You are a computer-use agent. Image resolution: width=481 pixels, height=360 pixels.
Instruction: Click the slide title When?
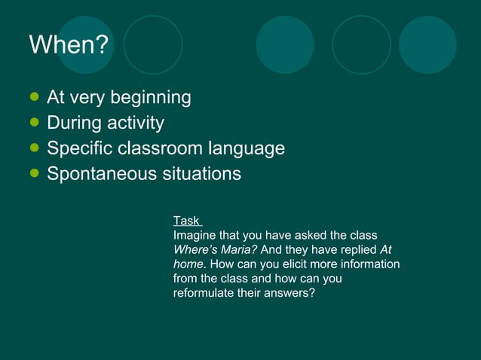[x=69, y=45]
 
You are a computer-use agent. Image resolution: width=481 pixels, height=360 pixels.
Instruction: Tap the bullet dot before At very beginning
[x=34, y=97]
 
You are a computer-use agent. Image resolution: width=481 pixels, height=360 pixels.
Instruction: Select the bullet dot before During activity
[x=34, y=122]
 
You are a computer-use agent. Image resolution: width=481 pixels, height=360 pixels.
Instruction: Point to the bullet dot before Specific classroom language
[x=34, y=148]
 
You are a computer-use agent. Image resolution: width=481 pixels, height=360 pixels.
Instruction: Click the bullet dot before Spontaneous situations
[x=34, y=173]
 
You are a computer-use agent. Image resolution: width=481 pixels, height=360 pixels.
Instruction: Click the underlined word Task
[x=186, y=221]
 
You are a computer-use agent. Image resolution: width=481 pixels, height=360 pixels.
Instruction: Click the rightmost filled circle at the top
[x=427, y=44]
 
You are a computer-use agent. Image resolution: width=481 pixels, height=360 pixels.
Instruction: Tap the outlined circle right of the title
[x=153, y=44]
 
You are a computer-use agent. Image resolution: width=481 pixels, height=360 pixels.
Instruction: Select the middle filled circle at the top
[x=285, y=44]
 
